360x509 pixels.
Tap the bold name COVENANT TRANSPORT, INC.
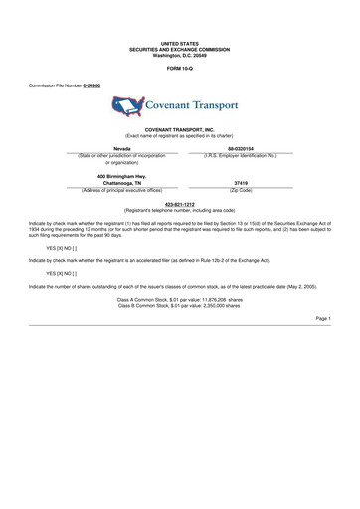[179, 129]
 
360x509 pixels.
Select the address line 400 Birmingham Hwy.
[120, 176]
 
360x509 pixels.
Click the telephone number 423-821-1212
[179, 204]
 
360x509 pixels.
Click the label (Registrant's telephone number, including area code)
[179, 211]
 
